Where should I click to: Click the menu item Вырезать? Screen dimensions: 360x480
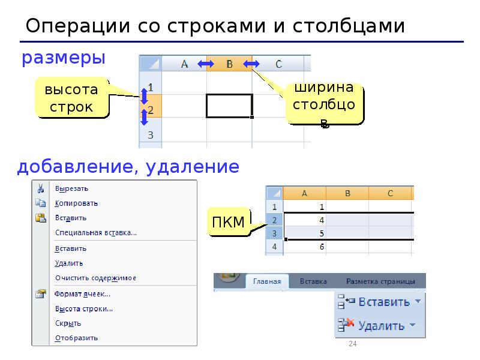click(72, 188)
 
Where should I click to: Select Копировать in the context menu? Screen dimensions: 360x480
click(76, 203)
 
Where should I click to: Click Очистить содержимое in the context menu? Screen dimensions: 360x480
click(95, 278)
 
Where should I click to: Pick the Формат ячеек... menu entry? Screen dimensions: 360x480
click(83, 294)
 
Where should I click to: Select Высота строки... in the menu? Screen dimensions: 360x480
click(84, 309)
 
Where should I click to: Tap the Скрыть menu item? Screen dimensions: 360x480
click(68, 323)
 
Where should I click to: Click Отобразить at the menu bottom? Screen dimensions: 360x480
click(76, 338)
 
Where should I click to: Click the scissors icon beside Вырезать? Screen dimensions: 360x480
click(40, 188)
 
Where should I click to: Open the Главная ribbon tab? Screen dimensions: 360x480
click(267, 281)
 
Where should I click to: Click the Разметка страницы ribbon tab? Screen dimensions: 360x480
click(380, 281)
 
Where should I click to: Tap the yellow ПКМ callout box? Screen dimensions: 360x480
click(229, 223)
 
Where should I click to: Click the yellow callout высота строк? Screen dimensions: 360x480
click(71, 98)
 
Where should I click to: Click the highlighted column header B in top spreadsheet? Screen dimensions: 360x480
click(229, 64)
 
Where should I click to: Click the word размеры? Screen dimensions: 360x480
click(64, 58)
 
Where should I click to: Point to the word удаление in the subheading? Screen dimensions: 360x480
click(191, 166)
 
